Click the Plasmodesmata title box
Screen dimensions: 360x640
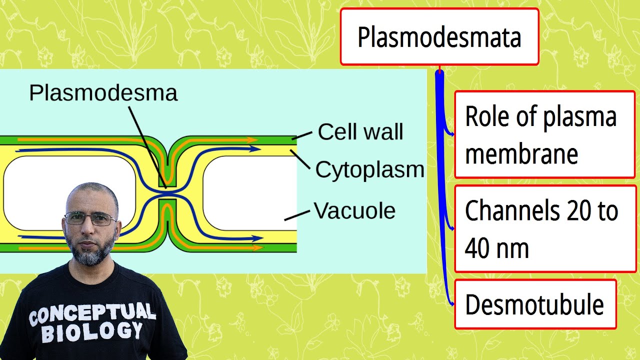pos(439,37)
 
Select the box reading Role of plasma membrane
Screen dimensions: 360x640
pos(544,134)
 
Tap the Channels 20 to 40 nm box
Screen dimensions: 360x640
pos(545,228)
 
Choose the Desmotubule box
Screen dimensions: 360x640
pos(535,304)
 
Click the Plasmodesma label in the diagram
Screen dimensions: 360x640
pos(103,93)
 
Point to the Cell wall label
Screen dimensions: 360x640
pos(360,132)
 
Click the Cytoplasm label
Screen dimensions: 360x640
pos(369,170)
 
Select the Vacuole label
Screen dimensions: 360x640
pos(354,211)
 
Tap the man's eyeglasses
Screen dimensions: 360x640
pos(90,218)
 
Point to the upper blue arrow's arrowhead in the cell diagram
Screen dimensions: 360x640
pos(255,148)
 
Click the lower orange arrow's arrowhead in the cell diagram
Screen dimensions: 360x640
pos(258,247)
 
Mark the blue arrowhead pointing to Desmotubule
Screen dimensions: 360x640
pos(451,303)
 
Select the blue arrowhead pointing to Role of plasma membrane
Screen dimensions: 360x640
pos(451,134)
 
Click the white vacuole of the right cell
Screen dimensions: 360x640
pos(249,192)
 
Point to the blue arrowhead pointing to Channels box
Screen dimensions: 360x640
pos(451,228)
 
